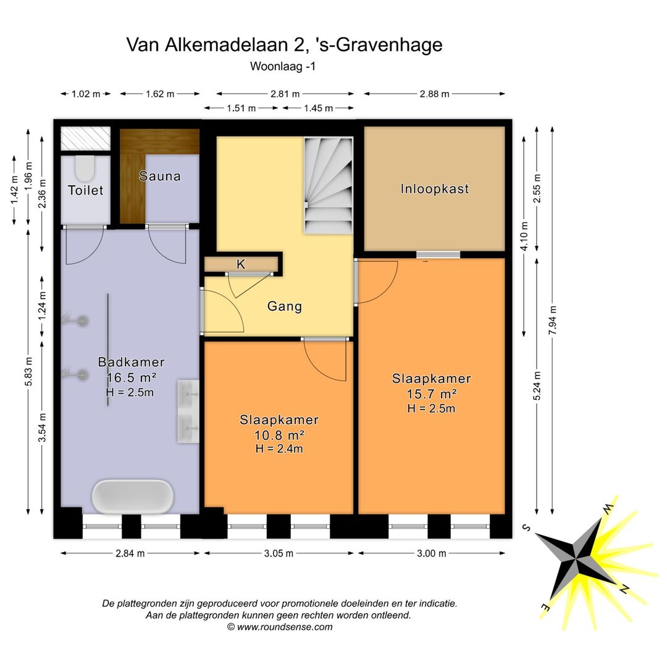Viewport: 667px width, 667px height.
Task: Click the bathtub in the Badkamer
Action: tap(132, 496)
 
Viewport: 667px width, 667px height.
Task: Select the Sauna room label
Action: tap(160, 176)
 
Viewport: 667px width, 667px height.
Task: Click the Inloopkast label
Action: tap(434, 188)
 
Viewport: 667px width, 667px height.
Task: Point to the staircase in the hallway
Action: tap(328, 185)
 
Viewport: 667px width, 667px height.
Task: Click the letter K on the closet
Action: tap(241, 264)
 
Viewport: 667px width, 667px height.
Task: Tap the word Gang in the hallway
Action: tap(285, 306)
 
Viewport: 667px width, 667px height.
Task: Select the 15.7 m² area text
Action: tap(432, 393)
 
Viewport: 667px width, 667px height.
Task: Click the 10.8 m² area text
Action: tap(279, 435)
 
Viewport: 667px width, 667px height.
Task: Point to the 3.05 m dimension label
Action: tap(279, 553)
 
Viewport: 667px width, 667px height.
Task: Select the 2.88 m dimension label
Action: tap(434, 94)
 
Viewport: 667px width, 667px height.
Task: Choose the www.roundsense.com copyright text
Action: tap(280, 627)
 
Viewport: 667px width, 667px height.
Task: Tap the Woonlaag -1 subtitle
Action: tap(283, 67)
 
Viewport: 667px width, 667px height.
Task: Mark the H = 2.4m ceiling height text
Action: tap(279, 449)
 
